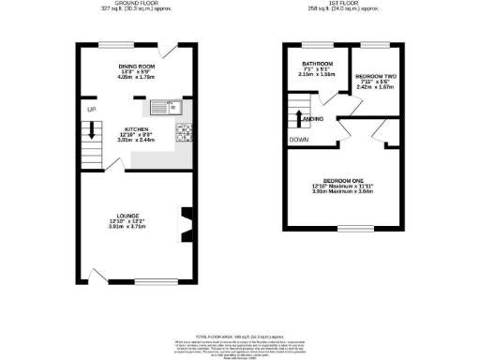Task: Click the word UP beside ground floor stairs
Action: pyautogui.click(x=91, y=111)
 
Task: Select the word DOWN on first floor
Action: pyautogui.click(x=298, y=140)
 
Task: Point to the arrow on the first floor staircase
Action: pyautogui.click(x=299, y=117)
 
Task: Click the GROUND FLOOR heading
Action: pyautogui.click(x=135, y=4)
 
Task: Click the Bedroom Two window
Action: pyautogui.click(x=375, y=46)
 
